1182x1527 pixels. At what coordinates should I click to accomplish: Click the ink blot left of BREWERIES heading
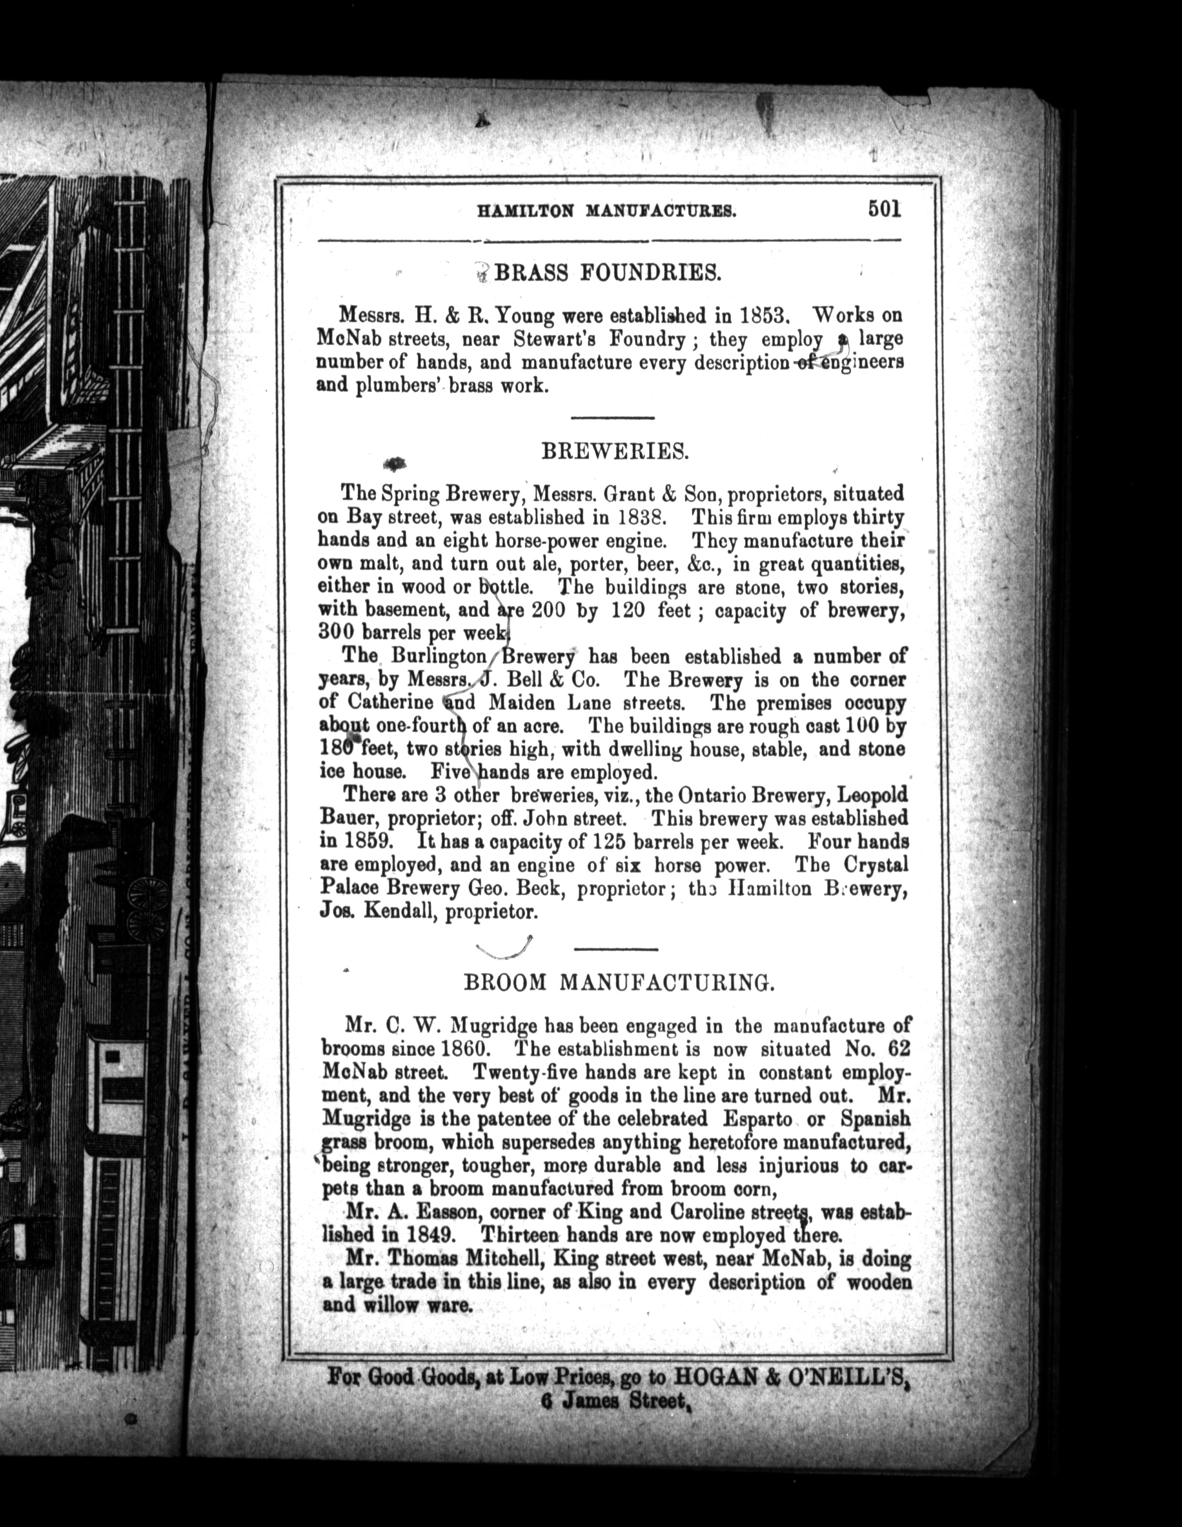(x=396, y=462)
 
